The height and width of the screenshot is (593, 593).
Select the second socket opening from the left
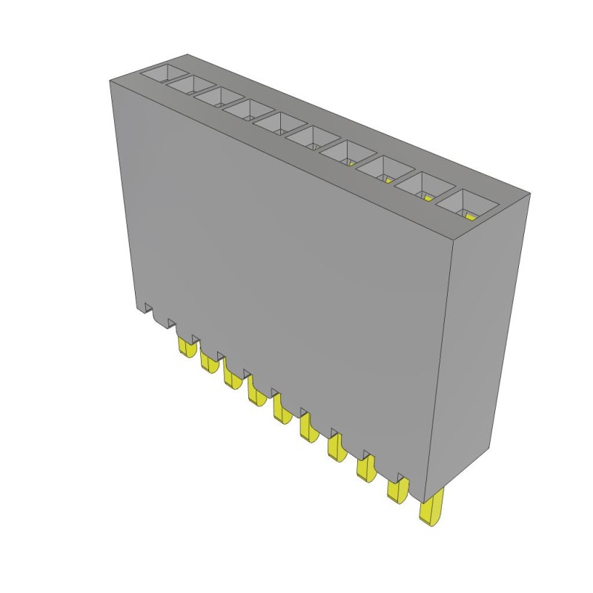tap(189, 85)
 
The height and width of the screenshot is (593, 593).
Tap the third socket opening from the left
tap(218, 97)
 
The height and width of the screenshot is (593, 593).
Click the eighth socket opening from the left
tap(380, 168)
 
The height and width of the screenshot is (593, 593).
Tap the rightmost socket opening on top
tap(460, 202)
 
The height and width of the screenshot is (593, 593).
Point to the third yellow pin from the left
tap(231, 377)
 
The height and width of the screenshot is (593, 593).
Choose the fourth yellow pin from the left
tap(256, 392)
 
